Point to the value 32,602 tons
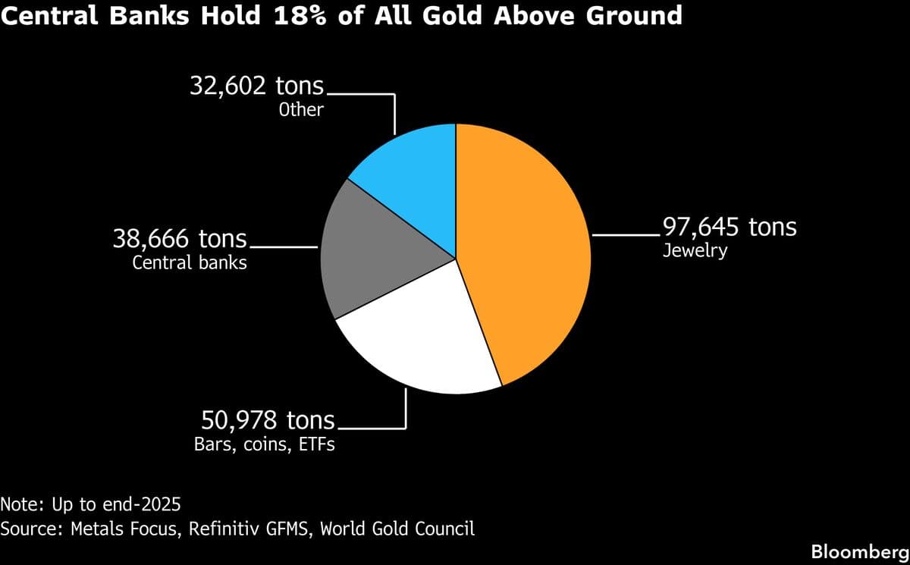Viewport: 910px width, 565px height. coord(256,85)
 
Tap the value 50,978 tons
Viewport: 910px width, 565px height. coord(268,419)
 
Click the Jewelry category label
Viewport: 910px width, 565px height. coord(695,250)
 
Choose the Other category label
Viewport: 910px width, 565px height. coord(301,109)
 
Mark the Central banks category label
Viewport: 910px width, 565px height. coord(190,264)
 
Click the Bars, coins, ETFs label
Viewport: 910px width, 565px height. coord(265,444)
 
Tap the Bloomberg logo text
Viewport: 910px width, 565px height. coord(859,551)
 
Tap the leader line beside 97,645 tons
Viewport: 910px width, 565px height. coord(626,236)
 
